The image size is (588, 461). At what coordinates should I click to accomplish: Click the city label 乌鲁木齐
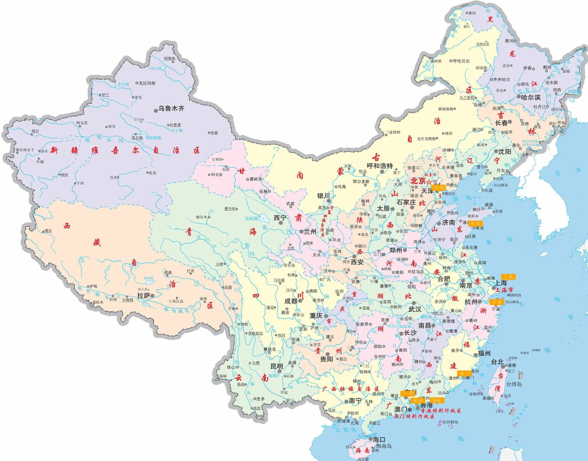171,108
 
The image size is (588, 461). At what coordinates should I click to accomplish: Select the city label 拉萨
143,296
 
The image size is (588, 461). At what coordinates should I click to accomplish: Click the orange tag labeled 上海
508,276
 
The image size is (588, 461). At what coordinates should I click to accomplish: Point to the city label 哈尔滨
531,98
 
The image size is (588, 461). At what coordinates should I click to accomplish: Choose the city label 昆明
277,366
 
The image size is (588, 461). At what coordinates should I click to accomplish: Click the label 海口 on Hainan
379,440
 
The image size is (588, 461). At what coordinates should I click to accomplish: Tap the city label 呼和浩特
380,166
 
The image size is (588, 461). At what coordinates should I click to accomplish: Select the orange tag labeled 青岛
475,223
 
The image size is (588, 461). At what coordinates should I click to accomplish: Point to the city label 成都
291,301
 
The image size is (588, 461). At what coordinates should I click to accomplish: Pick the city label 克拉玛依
147,83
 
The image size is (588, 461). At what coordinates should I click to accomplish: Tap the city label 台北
497,362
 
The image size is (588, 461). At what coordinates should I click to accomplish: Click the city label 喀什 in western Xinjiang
35,131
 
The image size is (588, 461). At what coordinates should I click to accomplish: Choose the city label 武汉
415,309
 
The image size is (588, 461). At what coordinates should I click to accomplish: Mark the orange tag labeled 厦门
464,373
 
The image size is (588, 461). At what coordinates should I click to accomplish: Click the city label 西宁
280,218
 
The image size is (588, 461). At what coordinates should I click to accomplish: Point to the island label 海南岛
384,446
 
